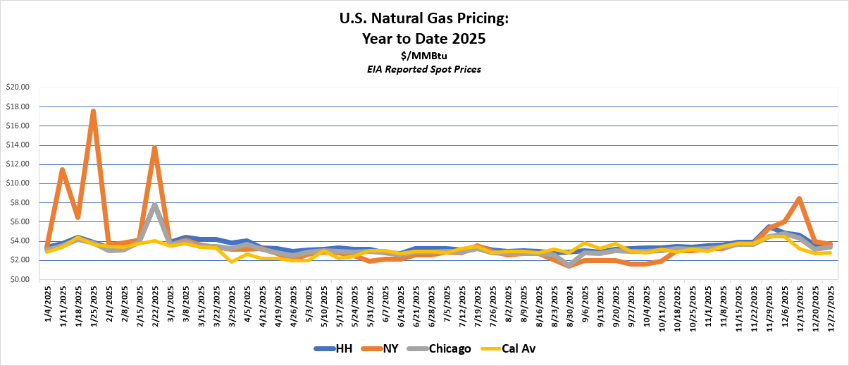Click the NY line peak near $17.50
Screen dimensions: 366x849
(x=93, y=111)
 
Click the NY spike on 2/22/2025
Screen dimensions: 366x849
(x=154, y=148)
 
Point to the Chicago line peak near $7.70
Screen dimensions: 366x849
(x=154, y=205)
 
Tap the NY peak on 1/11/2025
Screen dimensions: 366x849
(x=63, y=170)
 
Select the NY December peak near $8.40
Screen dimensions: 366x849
(x=798, y=199)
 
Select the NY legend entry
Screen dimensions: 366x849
(x=384, y=348)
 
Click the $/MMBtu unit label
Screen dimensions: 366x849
(x=423, y=56)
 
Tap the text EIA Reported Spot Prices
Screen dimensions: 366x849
(x=423, y=69)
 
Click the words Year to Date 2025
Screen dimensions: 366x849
(x=423, y=39)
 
